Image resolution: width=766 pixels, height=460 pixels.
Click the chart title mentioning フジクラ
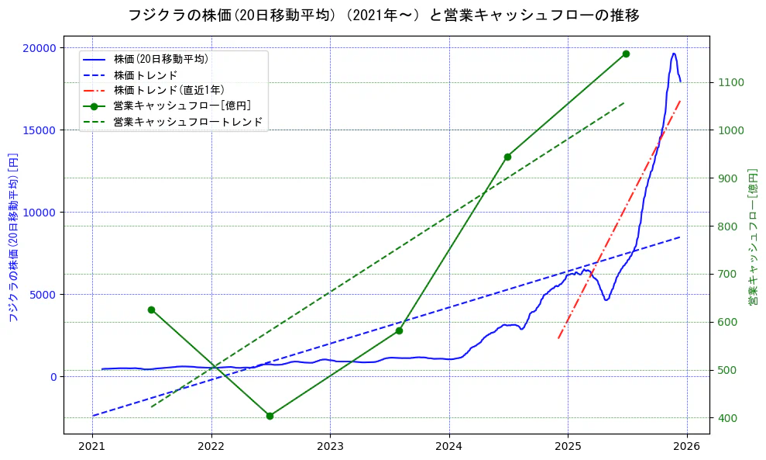(383, 16)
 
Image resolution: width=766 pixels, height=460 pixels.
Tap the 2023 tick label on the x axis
(330, 446)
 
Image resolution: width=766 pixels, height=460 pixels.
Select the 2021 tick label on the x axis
(92, 446)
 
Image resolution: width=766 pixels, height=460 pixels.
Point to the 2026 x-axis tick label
(686, 446)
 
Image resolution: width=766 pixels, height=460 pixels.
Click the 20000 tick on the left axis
(40, 48)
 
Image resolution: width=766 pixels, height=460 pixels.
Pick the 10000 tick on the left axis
(40, 213)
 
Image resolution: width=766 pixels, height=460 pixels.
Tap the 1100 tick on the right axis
(732, 83)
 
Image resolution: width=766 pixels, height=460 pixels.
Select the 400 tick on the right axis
(729, 418)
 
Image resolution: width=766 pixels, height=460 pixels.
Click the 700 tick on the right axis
(729, 275)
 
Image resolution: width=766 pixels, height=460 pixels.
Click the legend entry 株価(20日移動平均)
(160, 58)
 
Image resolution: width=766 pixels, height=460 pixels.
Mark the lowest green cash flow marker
(270, 416)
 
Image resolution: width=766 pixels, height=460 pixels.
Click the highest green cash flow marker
(626, 54)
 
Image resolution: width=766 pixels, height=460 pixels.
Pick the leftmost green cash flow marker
(151, 310)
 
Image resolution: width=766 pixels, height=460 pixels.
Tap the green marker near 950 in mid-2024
(507, 157)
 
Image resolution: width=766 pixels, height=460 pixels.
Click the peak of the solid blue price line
(674, 54)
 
